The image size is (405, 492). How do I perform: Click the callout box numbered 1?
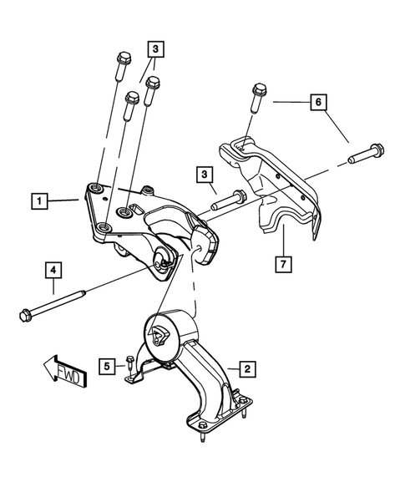pyautogui.click(x=37, y=201)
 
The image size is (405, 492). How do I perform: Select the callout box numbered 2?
pyautogui.click(x=246, y=367)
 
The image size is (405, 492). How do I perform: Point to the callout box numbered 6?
pyautogui.click(x=316, y=103)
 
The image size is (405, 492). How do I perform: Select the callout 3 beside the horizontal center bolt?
pyautogui.click(x=203, y=175)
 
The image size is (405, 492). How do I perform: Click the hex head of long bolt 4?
pyautogui.click(x=24, y=315)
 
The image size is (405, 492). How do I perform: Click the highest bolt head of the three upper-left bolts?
pyautogui.click(x=124, y=58)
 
